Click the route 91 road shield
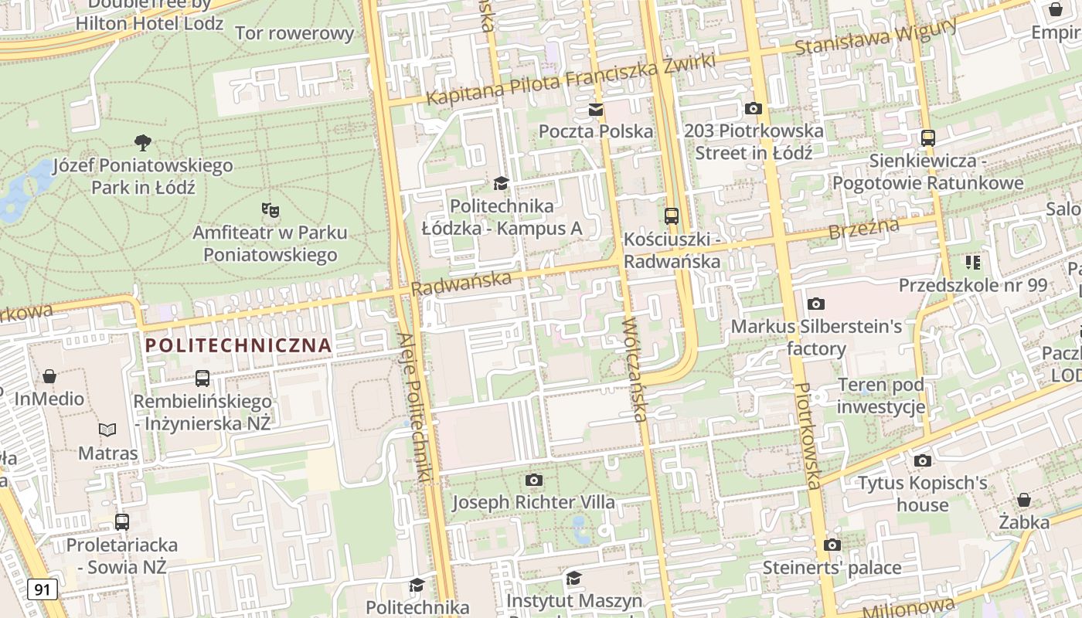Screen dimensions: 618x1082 [x=43, y=589]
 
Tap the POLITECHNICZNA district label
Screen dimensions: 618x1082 [x=239, y=345]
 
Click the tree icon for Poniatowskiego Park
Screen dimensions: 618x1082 [x=142, y=142]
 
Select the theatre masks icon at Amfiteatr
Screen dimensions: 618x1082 [x=270, y=209]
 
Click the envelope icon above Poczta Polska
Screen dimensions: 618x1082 [x=596, y=110]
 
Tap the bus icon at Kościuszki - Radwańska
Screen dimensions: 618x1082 [x=672, y=216]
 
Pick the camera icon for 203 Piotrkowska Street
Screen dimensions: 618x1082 [x=754, y=109]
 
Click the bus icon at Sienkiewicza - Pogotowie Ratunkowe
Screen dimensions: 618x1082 [x=927, y=138]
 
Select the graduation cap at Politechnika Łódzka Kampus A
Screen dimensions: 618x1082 [x=502, y=183]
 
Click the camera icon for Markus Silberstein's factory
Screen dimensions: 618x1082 [x=816, y=304]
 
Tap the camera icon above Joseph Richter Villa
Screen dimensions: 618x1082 [x=533, y=480]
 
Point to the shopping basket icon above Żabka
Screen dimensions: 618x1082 [x=1024, y=500]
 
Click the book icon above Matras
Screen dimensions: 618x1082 [x=107, y=430]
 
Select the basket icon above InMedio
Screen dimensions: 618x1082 [x=49, y=376]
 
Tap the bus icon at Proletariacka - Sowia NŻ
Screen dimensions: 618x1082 [x=122, y=521]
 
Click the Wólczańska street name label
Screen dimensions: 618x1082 [x=634, y=369]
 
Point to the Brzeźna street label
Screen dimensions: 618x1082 [x=863, y=229]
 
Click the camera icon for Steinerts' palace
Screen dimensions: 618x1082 [x=832, y=545]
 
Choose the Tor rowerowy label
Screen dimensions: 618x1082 [x=294, y=33]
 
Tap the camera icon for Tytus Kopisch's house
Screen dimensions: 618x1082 [x=922, y=461]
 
